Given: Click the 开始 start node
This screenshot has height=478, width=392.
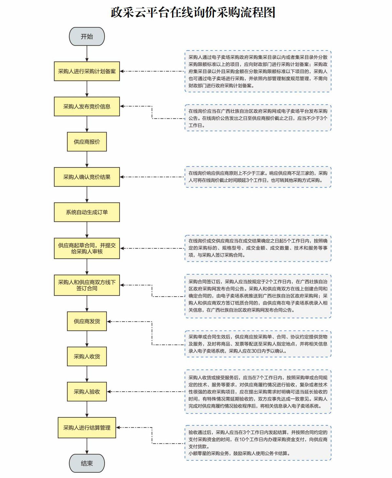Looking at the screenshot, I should pyautogui.click(x=87, y=37).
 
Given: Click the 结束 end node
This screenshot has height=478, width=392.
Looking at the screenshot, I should pyautogui.click(x=87, y=463).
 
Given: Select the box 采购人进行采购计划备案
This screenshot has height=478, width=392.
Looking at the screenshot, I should pyautogui.click(x=87, y=71).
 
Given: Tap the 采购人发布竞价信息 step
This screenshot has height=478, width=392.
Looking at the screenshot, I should pyautogui.click(x=87, y=106).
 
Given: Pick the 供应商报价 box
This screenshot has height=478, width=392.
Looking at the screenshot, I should pyautogui.click(x=87, y=142).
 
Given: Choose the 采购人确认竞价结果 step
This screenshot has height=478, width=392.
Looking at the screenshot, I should pyautogui.click(x=87, y=177).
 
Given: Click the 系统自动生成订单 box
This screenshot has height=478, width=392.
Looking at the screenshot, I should pyautogui.click(x=87, y=212).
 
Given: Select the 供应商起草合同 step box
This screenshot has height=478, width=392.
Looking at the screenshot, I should pyautogui.click(x=87, y=248).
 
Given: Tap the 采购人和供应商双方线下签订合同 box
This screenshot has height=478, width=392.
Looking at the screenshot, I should pyautogui.click(x=87, y=285).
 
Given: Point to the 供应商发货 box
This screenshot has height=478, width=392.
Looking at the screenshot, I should pyautogui.click(x=87, y=321).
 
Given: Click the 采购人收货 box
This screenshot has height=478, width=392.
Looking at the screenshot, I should pyautogui.click(x=87, y=356).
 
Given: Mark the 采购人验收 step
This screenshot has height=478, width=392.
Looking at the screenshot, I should pyautogui.click(x=87, y=392).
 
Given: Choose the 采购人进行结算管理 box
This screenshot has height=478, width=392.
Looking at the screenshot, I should pyautogui.click(x=87, y=427).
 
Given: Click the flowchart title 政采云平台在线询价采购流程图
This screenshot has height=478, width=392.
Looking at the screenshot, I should pyautogui.click(x=193, y=13).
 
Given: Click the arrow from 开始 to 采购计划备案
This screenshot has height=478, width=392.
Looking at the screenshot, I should pyautogui.click(x=87, y=54).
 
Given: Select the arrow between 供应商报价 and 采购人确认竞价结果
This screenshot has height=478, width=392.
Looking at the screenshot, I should pyautogui.click(x=87, y=159).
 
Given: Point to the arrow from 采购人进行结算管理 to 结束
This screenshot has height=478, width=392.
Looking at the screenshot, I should pyautogui.click(x=87, y=446).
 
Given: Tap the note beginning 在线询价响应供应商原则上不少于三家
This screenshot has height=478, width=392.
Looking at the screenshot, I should pyautogui.click(x=258, y=177).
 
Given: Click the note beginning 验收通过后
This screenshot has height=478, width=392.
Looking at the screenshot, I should pyautogui.click(x=258, y=443).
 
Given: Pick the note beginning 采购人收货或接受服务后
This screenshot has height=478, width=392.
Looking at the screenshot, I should pyautogui.click(x=258, y=392).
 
